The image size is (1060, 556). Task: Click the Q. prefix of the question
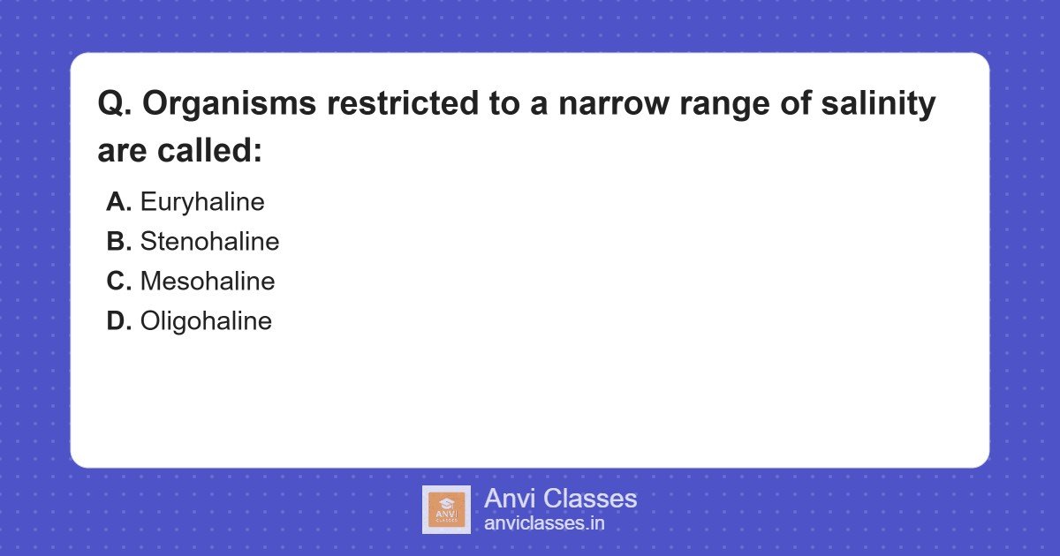[115, 104]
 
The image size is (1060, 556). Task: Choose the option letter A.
[118, 202]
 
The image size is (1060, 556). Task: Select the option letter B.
[118, 242]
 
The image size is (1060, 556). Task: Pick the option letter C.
[118, 282]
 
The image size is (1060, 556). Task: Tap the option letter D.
[118, 321]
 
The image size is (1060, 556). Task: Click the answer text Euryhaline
[202, 202]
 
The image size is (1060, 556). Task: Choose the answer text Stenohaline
[209, 242]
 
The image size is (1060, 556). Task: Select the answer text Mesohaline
[208, 282]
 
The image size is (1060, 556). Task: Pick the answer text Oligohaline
[206, 321]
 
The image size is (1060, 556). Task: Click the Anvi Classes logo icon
[446, 509]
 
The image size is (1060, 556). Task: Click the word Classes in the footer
[592, 499]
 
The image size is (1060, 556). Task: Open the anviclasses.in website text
[544, 523]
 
